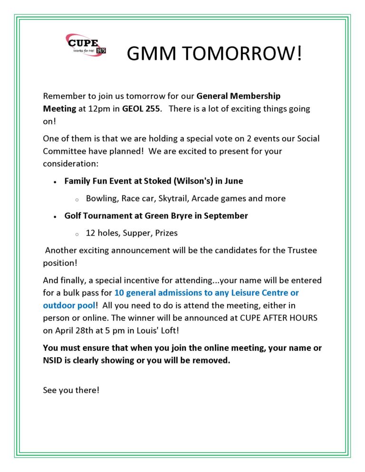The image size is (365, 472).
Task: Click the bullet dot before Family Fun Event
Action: pyautogui.click(x=56, y=181)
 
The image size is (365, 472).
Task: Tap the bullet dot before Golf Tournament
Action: pyautogui.click(x=56, y=216)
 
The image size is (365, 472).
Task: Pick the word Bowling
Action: pyautogui.click(x=102, y=198)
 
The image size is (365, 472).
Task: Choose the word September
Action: pyautogui.click(x=225, y=216)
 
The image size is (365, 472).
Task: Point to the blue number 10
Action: pyautogui.click(x=119, y=293)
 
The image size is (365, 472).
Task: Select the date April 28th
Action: pyautogui.click(x=70, y=330)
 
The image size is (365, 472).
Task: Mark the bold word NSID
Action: pyautogui.click(x=53, y=360)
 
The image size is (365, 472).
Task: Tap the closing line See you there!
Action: pyautogui.click(x=71, y=390)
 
